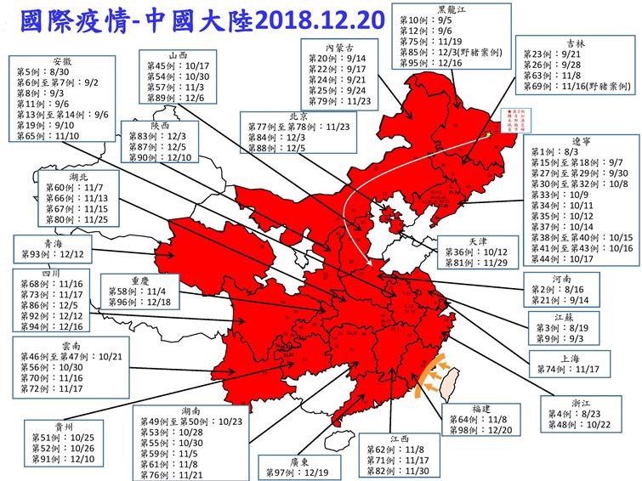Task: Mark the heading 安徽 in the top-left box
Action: (60, 62)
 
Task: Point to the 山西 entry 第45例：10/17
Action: (179, 65)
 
